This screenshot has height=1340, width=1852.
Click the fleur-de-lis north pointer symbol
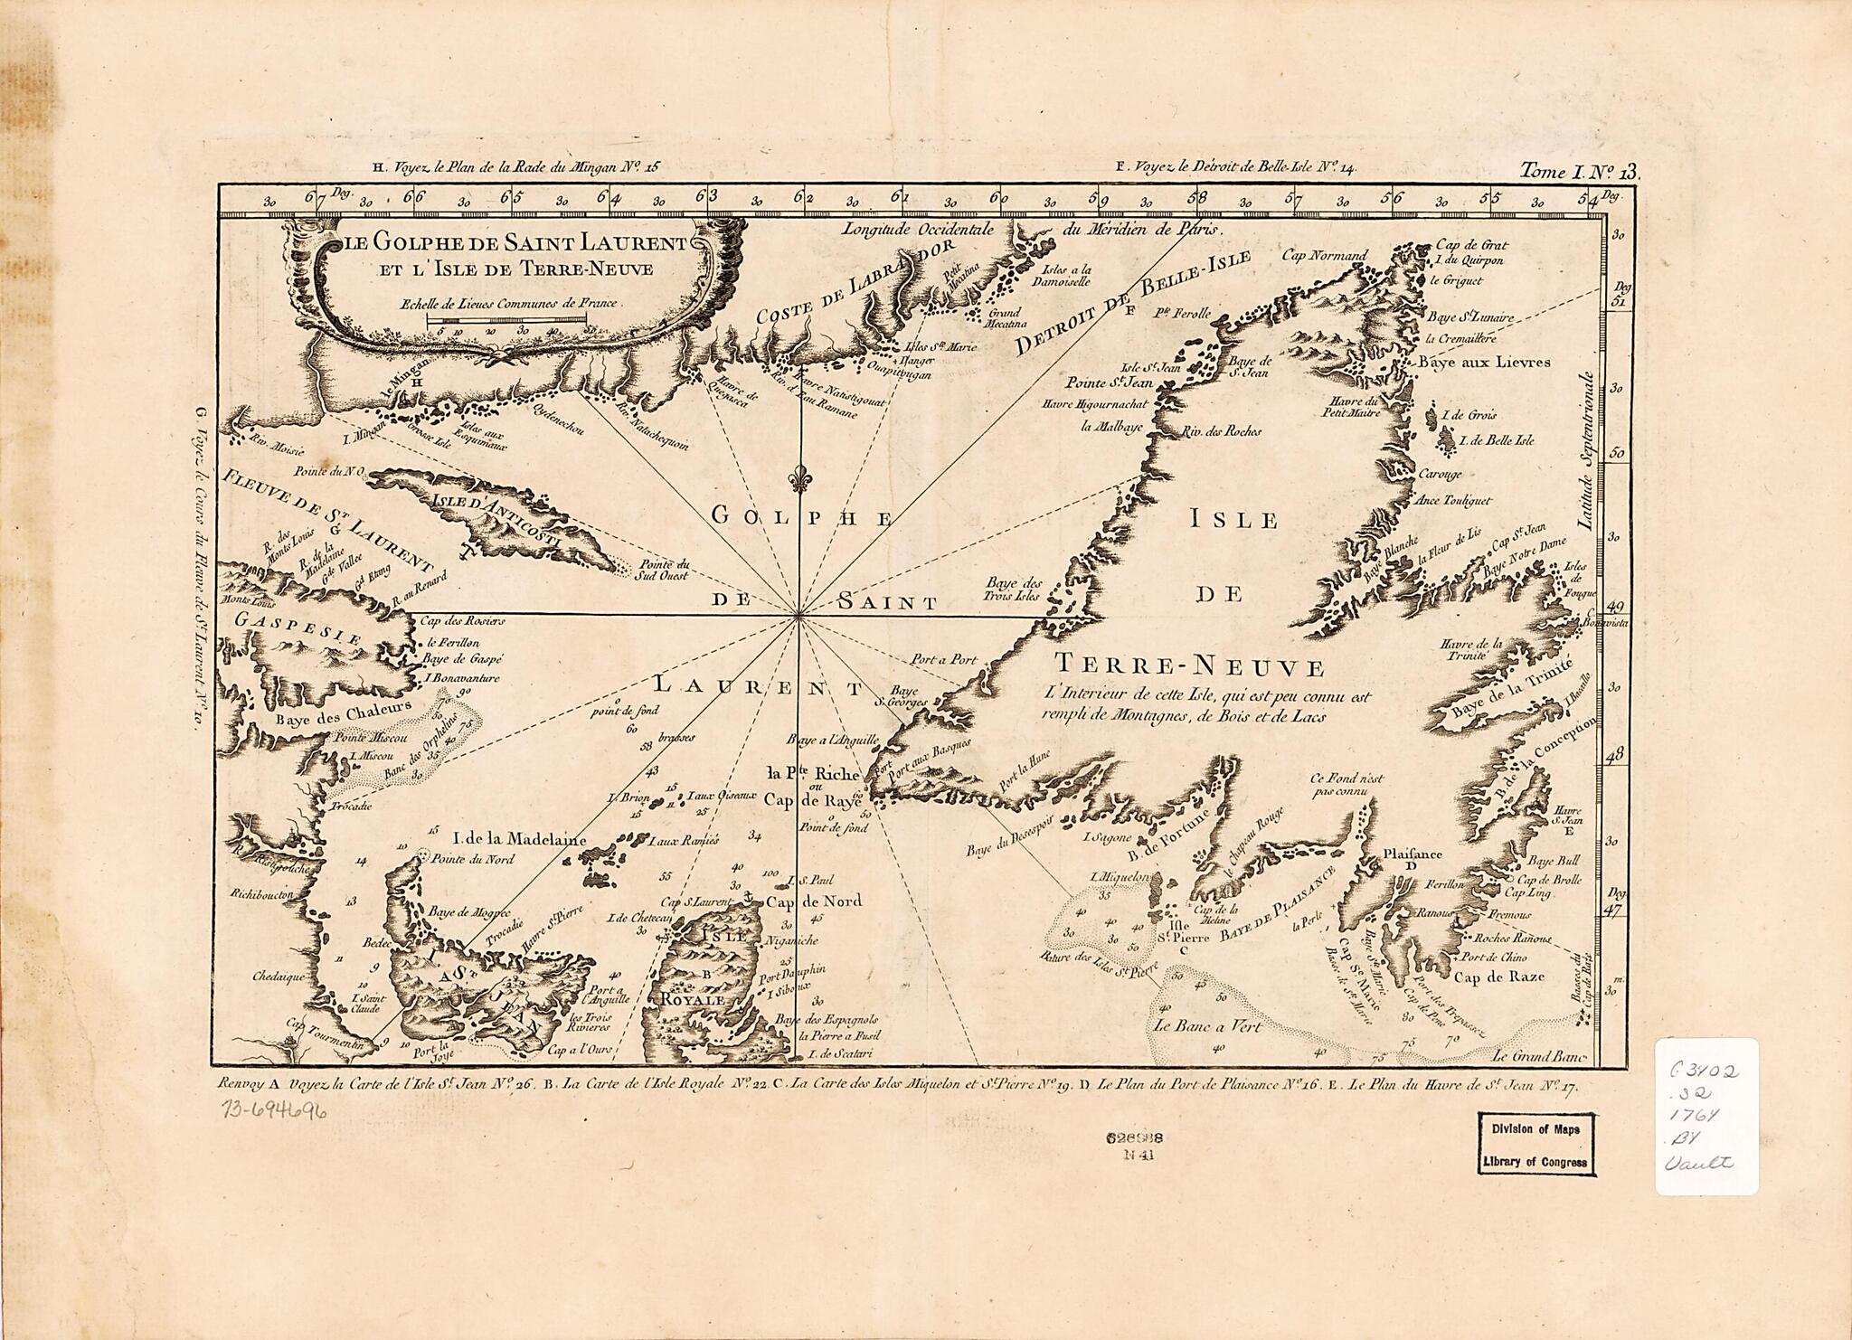798,479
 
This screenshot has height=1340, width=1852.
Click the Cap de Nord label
814,901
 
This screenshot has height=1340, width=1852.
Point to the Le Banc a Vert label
1207,1026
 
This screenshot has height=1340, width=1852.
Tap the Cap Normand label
1325,255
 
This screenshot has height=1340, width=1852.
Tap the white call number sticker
1706,1116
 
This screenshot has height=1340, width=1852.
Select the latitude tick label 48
1615,753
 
